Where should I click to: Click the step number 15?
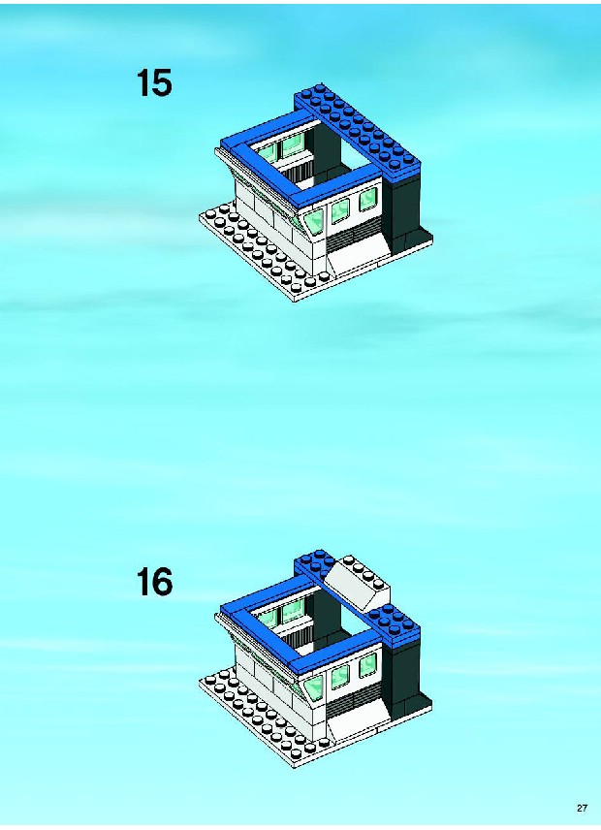tap(154, 83)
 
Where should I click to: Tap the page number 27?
tap(582, 808)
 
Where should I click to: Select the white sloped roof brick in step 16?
tap(357, 583)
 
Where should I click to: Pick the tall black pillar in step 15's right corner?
tap(404, 209)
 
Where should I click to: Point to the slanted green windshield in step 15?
tap(313, 221)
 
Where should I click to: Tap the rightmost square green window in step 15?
tap(367, 201)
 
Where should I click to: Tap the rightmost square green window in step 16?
tap(367, 665)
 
